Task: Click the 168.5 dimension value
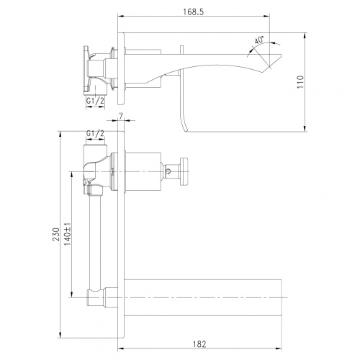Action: [194, 12]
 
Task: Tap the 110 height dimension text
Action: [300, 82]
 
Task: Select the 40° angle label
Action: [259, 40]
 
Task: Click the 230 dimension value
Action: [56, 235]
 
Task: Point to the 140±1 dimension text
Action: [68, 234]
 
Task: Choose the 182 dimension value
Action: [199, 344]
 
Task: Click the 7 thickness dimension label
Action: [121, 116]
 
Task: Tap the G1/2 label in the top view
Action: [95, 101]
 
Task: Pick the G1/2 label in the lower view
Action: [95, 134]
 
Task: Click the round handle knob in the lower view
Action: [184, 171]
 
